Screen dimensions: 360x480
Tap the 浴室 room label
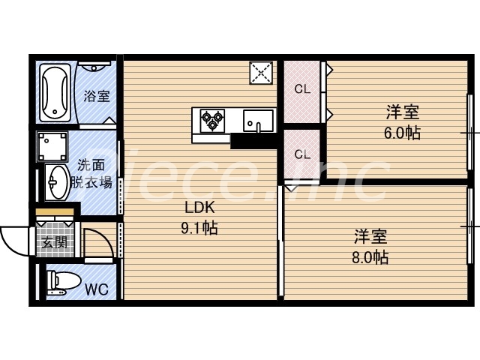pos(96,96)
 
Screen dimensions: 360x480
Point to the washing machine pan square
pos(52,147)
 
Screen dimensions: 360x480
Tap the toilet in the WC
pos(61,282)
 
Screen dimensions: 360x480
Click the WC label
pos(95,288)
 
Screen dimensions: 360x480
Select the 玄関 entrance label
pos(52,242)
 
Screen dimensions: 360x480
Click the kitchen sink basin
pos(258,120)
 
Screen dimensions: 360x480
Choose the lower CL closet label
pos(301,156)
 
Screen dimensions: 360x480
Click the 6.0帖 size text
pos(402,133)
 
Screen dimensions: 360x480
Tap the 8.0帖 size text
pos(371,258)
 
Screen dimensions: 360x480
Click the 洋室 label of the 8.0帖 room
pos(371,238)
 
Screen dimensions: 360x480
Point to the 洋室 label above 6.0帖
pos(402,113)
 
